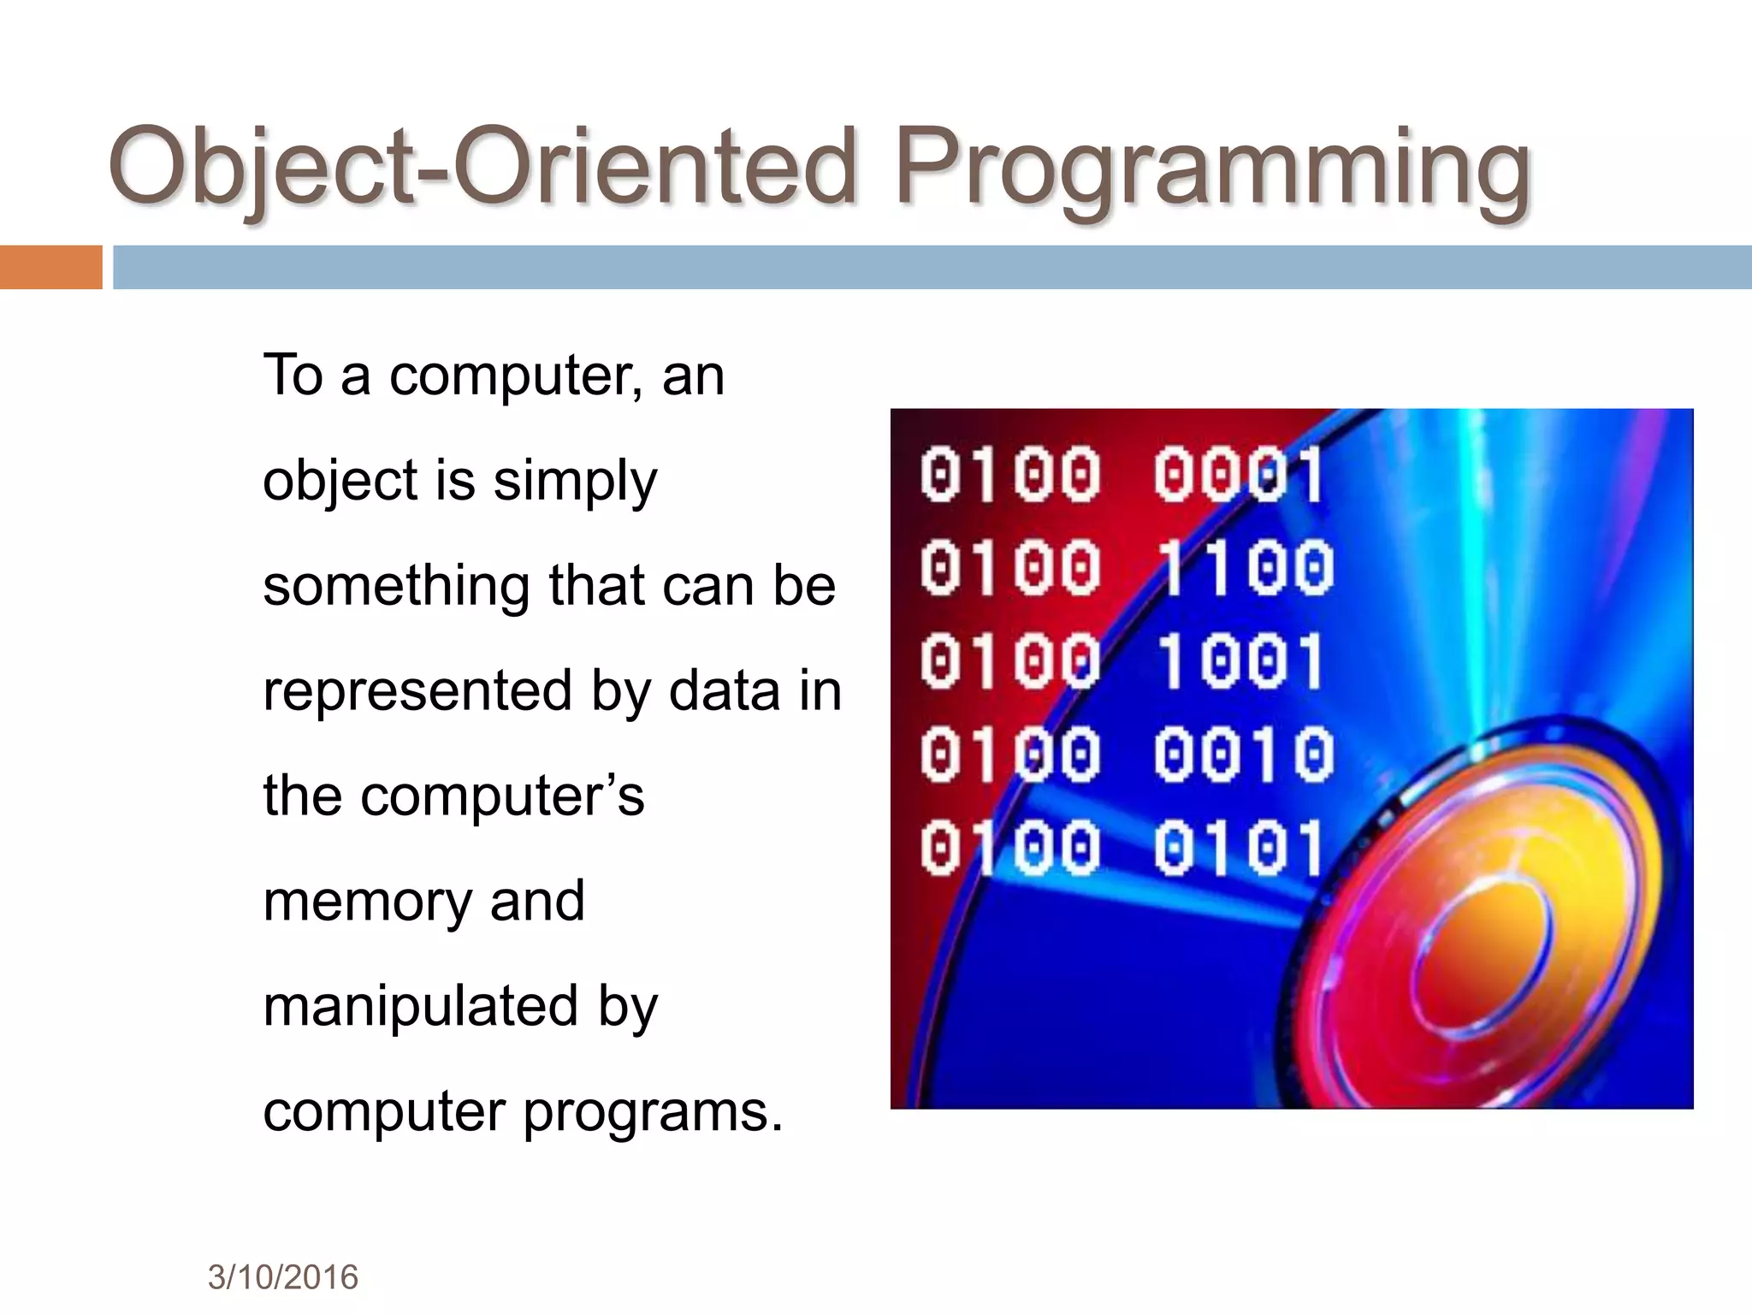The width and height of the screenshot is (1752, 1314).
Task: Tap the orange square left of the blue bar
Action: pos(50,267)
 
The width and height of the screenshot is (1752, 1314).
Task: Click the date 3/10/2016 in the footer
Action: pos(283,1277)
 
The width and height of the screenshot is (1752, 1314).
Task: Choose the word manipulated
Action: pos(420,1007)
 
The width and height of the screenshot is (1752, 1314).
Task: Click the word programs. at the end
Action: pos(653,1113)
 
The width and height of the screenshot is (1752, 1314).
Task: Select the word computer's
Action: pos(502,796)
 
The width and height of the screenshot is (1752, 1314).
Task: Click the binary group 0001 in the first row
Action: pos(1239,475)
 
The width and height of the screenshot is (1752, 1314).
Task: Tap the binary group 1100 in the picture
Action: pos(1245,568)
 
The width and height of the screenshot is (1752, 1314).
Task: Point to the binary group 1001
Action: pos(1240,661)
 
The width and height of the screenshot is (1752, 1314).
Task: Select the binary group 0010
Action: pos(1243,755)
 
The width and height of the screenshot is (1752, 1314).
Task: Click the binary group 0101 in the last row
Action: pos(1238,848)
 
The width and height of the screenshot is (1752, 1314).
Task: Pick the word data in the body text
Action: pos(724,691)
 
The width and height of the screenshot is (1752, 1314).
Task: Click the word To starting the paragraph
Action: pos(293,376)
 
